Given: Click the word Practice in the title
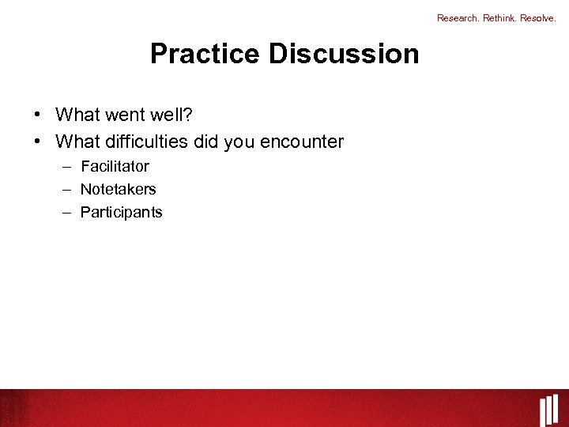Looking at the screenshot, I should pyautogui.click(x=205, y=54).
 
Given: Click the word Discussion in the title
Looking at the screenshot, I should pyautogui.click(x=344, y=54).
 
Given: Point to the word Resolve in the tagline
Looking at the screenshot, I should pyautogui.click(x=538, y=18).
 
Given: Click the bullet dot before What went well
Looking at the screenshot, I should pyautogui.click(x=38, y=115).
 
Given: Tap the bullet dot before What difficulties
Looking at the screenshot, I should pyautogui.click(x=38, y=142).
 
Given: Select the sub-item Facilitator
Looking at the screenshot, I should pyautogui.click(x=115, y=166).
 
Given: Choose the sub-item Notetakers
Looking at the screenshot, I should pyautogui.click(x=119, y=189).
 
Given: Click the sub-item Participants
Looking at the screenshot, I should pyautogui.click(x=121, y=212).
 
